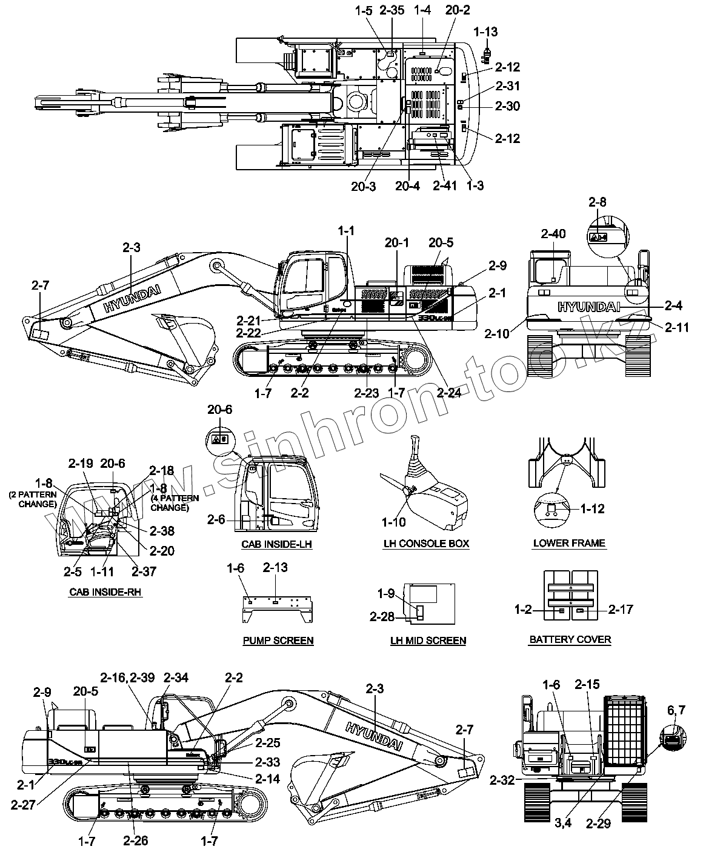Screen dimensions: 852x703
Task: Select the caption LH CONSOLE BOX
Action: point(426,544)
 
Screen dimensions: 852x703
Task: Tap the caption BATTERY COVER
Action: point(570,639)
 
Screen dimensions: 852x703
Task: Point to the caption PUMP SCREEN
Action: point(278,641)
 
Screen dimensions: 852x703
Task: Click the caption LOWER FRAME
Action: point(569,543)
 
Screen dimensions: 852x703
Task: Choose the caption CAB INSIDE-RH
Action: point(105,591)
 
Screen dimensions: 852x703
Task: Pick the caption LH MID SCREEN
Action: point(428,641)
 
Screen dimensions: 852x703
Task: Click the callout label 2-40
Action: point(553,233)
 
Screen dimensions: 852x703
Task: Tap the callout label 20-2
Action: point(458,10)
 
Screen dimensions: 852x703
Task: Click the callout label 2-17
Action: point(621,609)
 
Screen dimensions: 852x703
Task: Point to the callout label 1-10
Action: point(394,521)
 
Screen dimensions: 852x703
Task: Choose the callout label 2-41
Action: point(445,185)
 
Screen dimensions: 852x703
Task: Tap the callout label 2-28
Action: point(382,617)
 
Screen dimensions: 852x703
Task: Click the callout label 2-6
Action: point(216,519)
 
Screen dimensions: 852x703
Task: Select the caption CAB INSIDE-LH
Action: point(276,544)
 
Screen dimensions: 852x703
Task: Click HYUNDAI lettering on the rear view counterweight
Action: point(588,307)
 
